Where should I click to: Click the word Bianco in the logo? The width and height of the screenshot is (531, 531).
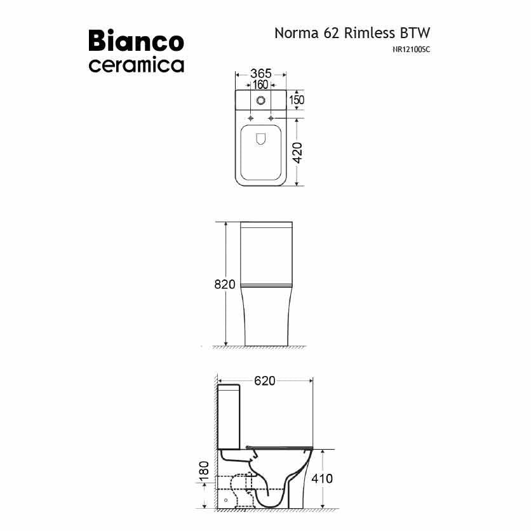[136, 41]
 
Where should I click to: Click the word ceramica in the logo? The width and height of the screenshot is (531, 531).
[136, 65]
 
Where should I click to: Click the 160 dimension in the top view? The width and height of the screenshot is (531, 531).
[260, 85]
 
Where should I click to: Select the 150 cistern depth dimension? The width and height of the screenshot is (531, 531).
[297, 100]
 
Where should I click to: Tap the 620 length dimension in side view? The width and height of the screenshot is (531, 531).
[264, 380]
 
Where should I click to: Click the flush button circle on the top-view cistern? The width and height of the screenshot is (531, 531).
[260, 100]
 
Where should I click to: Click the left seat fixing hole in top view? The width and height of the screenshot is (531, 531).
[250, 118]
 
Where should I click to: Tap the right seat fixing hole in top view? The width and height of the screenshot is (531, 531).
[271, 118]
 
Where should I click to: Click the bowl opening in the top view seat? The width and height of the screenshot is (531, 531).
[260, 140]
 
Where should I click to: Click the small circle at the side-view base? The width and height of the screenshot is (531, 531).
[225, 501]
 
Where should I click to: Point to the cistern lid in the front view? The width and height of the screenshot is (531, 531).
[266, 224]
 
